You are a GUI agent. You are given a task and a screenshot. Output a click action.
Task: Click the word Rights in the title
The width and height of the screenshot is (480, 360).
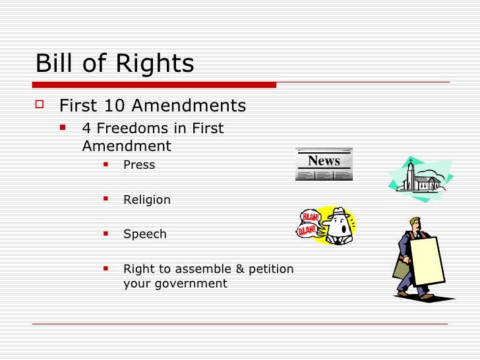point(154,64)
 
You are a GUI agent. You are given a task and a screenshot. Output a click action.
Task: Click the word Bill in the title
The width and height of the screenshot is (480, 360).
point(54,63)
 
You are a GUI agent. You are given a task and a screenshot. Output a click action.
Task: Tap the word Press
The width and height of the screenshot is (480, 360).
point(139,165)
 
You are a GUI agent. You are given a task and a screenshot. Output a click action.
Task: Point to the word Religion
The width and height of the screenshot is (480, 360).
point(146,199)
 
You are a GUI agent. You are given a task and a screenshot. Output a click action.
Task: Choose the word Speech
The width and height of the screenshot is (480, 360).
point(144,234)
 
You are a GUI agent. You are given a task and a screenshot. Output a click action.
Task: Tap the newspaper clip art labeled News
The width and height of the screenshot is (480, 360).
point(324,164)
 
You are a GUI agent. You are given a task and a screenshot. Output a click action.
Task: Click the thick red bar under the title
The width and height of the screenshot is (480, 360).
point(154,84)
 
